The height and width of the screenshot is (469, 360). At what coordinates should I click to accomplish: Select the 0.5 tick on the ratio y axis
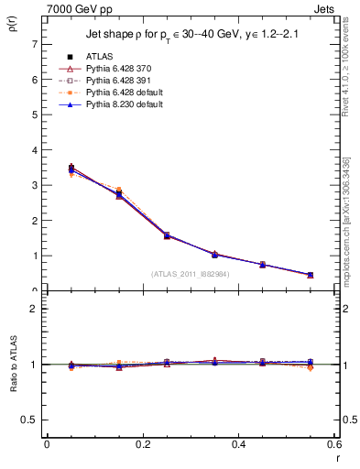click(29, 420)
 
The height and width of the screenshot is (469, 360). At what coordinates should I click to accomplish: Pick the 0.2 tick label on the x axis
click(143, 445)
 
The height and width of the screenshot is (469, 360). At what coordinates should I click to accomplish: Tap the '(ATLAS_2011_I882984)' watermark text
click(190, 273)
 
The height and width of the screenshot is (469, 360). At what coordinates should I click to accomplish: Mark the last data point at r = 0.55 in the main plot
click(311, 275)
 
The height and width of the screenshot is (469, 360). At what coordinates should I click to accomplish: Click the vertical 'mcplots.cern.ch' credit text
click(349, 220)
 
